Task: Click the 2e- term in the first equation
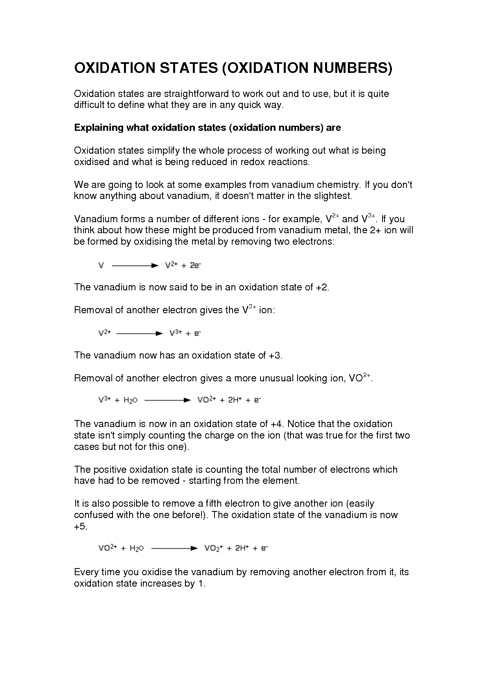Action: coord(195,266)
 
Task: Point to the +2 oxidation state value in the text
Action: coord(322,287)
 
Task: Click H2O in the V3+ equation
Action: coord(130,400)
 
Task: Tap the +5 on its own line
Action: coord(80,526)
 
